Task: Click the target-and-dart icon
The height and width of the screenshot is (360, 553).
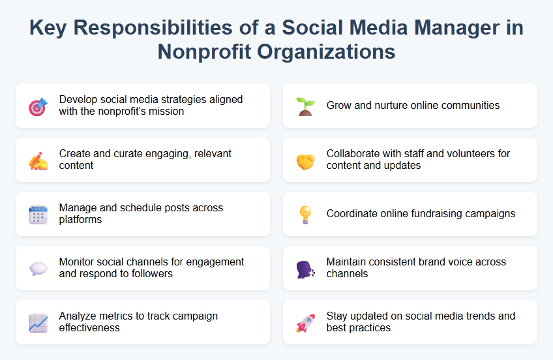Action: pyautogui.click(x=38, y=106)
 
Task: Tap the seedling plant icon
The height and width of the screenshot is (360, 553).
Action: pyautogui.click(x=305, y=106)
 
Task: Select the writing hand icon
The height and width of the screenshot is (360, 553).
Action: pyautogui.click(x=38, y=160)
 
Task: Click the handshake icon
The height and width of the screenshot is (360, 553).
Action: pyautogui.click(x=305, y=160)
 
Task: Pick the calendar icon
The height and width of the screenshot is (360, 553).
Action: pyautogui.click(x=38, y=215)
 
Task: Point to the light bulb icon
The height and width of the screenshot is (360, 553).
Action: pyautogui.click(x=305, y=215)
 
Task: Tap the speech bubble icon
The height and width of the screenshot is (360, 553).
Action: pyautogui.click(x=38, y=269)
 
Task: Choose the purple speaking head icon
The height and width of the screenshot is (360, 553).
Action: pyautogui.click(x=305, y=269)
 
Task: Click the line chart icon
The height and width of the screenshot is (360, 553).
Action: pyautogui.click(x=38, y=323)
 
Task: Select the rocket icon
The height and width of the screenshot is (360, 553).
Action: pyautogui.click(x=305, y=323)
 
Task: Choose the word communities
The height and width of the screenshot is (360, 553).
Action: pyautogui.click(x=467, y=105)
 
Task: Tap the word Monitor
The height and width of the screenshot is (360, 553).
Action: pyautogui.click(x=76, y=262)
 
